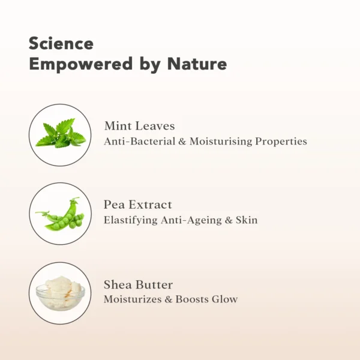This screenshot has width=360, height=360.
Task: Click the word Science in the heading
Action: tap(61, 43)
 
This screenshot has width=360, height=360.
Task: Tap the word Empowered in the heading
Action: tap(81, 65)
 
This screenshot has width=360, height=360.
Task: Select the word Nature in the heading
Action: tap(197, 64)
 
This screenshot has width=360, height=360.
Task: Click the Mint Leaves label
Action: tap(140, 126)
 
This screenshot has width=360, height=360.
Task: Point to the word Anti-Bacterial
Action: tap(140, 141)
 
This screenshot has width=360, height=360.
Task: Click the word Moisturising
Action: tap(221, 142)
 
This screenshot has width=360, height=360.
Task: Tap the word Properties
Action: tap(281, 142)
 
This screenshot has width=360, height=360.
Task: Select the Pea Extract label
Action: tap(138, 205)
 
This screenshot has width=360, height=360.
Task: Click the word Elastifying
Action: tap(131, 220)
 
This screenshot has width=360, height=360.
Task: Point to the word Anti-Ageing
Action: tap(191, 220)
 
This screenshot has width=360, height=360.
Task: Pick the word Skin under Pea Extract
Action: tap(247, 220)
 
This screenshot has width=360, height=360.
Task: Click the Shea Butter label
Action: tap(138, 284)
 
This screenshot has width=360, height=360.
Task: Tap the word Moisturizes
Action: tap(133, 299)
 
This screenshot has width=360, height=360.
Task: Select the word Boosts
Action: tap(192, 299)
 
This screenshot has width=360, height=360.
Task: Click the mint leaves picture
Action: tap(61, 133)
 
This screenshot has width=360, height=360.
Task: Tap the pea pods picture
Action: tap(60, 214)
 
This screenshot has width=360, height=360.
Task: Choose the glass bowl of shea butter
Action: tap(61, 293)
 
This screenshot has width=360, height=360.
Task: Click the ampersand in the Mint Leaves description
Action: tap(182, 142)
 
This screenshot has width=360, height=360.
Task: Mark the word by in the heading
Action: tap(150, 65)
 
